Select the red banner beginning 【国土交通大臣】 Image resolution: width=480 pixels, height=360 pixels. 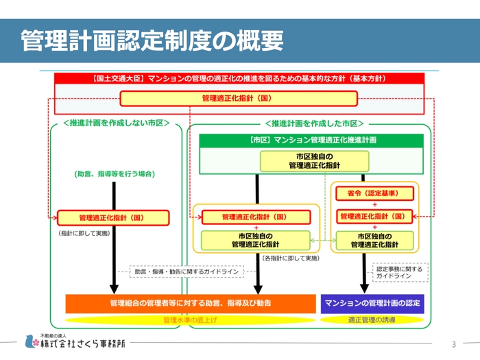[239, 79]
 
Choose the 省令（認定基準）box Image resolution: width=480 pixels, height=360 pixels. [375, 193]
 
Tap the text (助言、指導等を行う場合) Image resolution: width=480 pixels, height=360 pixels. [114, 174]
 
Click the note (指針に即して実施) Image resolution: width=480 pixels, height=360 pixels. [84, 233]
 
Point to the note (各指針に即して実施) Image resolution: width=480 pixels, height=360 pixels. [290, 258]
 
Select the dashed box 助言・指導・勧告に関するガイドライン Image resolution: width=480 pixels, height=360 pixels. [187, 272]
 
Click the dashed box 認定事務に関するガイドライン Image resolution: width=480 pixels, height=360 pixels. [400, 272]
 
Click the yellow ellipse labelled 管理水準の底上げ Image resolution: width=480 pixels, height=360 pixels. [186, 320]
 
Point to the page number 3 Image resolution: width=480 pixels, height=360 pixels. [453, 344]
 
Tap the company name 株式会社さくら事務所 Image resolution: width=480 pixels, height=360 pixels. [83, 344]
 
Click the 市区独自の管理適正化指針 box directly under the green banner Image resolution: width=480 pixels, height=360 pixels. [315, 161]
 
